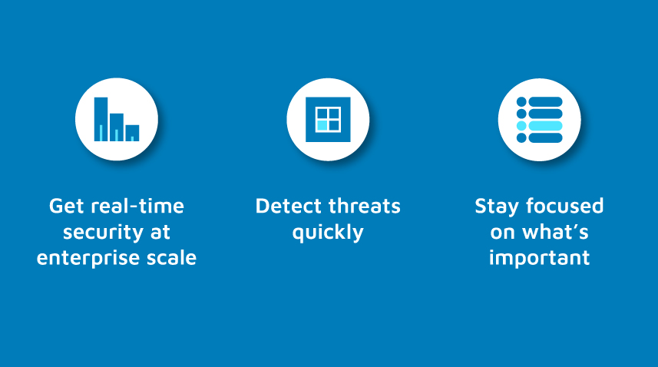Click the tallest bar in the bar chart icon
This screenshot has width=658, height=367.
tap(101, 119)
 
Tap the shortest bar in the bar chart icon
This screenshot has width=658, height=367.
tap(132, 133)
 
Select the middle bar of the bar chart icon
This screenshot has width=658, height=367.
tap(117, 127)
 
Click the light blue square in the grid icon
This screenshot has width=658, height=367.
tap(322, 125)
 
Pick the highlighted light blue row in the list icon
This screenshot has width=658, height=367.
tap(545, 126)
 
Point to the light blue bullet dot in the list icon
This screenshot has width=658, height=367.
tap(521, 126)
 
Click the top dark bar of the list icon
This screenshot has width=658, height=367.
tap(545, 102)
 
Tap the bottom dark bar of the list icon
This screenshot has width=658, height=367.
tap(545, 137)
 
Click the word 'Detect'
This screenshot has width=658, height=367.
tap(288, 206)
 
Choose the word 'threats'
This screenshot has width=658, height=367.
tap(364, 206)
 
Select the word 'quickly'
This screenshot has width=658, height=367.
tap(328, 233)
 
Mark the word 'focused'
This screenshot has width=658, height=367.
tap(565, 206)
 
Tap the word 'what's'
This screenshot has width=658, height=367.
tap(555, 232)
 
